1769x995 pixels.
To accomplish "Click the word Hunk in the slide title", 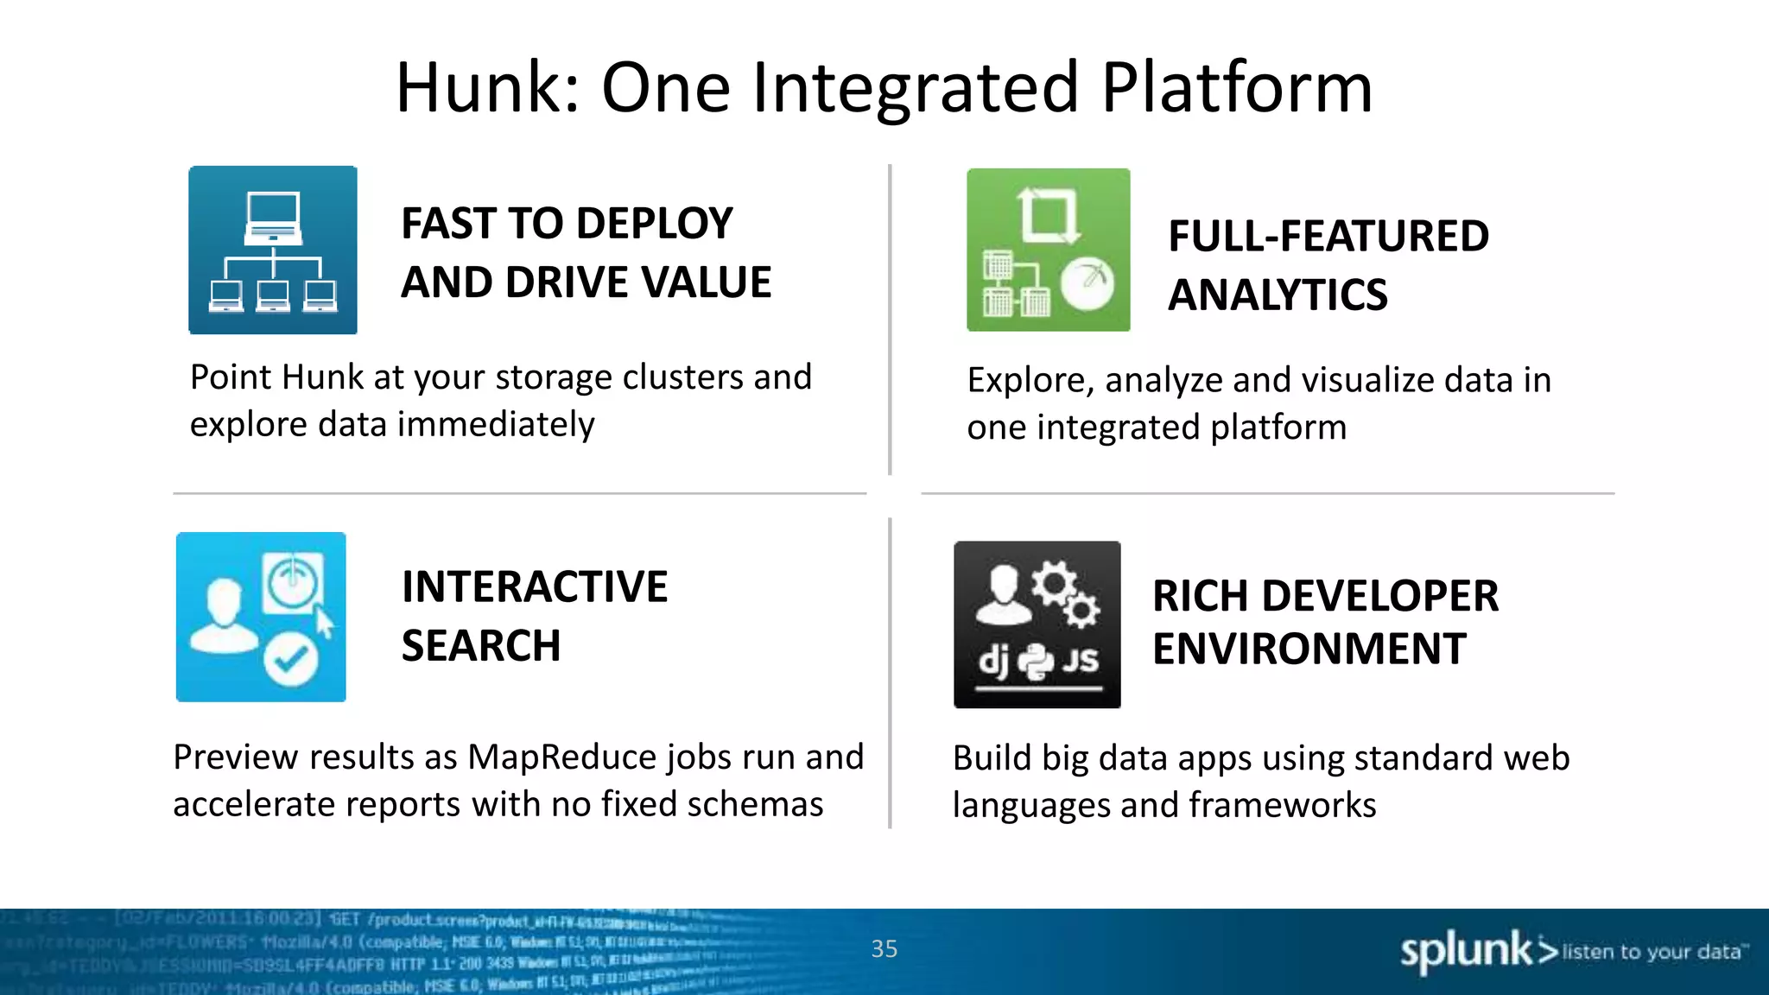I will point(479,88).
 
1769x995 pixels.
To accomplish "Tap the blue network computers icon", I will point(273,250).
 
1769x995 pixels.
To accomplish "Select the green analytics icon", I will point(1048,250).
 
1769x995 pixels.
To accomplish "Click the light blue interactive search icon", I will point(261,617).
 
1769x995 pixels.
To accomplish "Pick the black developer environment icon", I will point(1037,624).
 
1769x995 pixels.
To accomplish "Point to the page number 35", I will point(884,949).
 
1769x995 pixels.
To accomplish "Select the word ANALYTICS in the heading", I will point(1278,295).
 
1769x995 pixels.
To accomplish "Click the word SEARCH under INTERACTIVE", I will point(481,646).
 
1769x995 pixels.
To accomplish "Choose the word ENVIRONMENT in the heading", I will point(1309,650).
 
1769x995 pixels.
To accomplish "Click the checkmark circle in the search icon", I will point(291,661).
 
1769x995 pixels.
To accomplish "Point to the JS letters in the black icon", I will point(1080,661).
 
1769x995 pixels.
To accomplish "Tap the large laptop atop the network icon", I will point(273,216).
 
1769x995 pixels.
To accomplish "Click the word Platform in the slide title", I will point(1236,88).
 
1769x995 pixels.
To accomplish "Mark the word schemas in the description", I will point(756,805).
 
